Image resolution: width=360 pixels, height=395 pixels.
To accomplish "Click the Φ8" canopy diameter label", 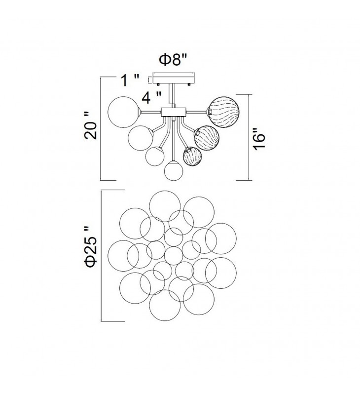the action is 173,60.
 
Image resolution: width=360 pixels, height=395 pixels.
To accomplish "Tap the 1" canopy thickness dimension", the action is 130,80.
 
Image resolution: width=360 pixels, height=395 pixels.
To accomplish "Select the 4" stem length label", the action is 151,97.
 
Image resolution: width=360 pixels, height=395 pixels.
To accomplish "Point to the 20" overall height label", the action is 91,127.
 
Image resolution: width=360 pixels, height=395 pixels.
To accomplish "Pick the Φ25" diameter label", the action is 91,246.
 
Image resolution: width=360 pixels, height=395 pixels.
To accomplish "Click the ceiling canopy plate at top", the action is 174,79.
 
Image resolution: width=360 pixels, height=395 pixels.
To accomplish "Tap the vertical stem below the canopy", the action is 173,96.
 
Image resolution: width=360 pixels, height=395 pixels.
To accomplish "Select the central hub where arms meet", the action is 174,112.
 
